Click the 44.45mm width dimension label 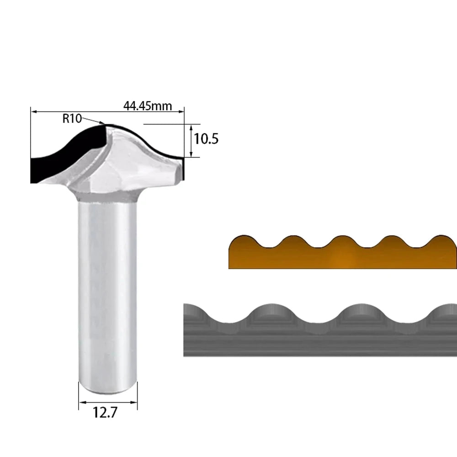click(x=148, y=106)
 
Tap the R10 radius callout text click(x=72, y=119)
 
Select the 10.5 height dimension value click(x=206, y=139)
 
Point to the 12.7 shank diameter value click(x=105, y=412)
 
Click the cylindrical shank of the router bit click(x=107, y=292)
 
